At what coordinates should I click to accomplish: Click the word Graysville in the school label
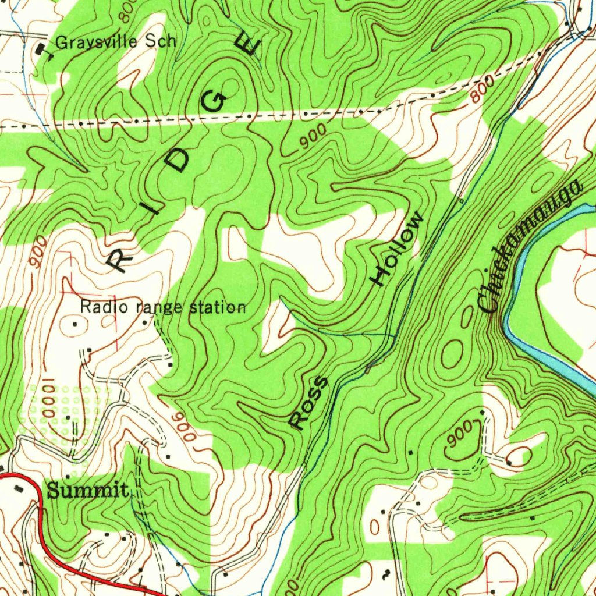click(97, 42)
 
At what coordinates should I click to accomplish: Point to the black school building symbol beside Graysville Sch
click(41, 51)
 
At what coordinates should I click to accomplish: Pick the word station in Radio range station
click(219, 307)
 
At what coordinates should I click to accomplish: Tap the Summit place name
click(87, 491)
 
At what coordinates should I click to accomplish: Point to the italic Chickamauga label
click(530, 247)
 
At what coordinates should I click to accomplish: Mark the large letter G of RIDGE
click(215, 102)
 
